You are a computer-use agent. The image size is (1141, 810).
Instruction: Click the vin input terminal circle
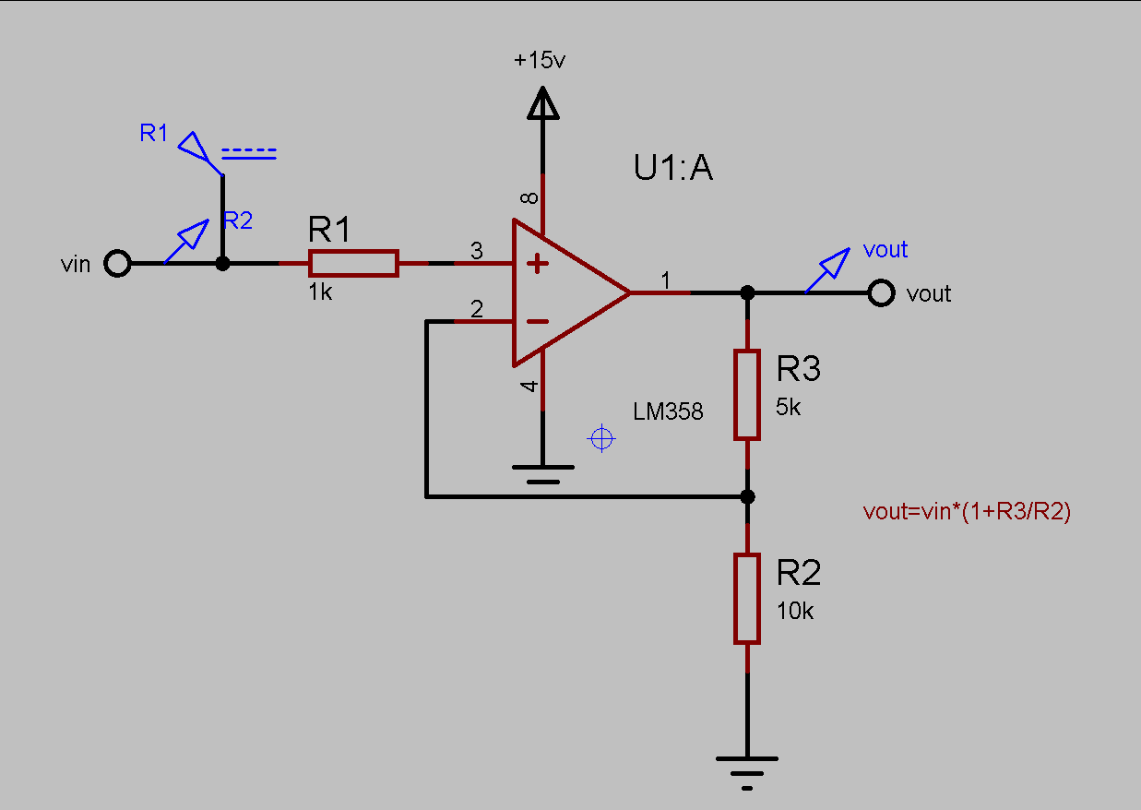tap(117, 264)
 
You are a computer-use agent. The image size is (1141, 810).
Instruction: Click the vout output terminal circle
tap(881, 293)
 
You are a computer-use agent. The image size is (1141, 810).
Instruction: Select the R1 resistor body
tap(353, 263)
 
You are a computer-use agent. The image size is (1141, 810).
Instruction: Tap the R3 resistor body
tap(747, 394)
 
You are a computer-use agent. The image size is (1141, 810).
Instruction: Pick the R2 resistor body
tap(747, 598)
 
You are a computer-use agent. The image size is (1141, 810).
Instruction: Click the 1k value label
tap(320, 292)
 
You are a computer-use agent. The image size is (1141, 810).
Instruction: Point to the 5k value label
tap(789, 407)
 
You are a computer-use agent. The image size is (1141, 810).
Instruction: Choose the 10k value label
tap(794, 611)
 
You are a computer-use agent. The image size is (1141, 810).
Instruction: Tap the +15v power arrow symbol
tap(542, 103)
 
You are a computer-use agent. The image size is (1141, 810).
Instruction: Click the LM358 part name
tap(668, 411)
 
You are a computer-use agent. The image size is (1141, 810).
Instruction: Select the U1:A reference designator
tap(673, 169)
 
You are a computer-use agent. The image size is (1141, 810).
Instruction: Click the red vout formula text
tap(967, 513)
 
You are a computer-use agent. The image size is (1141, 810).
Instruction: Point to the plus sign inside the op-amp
tap(537, 265)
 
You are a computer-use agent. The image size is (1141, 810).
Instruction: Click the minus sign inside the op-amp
tap(537, 321)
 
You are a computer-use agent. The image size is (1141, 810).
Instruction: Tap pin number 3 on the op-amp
tap(476, 250)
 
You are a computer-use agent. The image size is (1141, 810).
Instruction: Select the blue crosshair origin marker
tap(601, 439)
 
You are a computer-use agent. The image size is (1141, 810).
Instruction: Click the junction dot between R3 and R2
tap(748, 496)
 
